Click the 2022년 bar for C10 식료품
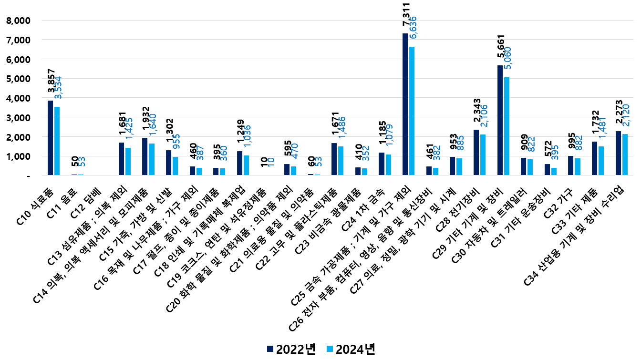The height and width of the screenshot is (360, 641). click(x=51, y=138)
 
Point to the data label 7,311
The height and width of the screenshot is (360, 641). click(x=406, y=14)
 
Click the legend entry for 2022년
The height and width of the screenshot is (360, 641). click(x=291, y=349)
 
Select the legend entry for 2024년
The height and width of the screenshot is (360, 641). click(x=350, y=349)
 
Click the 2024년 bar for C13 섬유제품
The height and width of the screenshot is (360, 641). click(x=128, y=162)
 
